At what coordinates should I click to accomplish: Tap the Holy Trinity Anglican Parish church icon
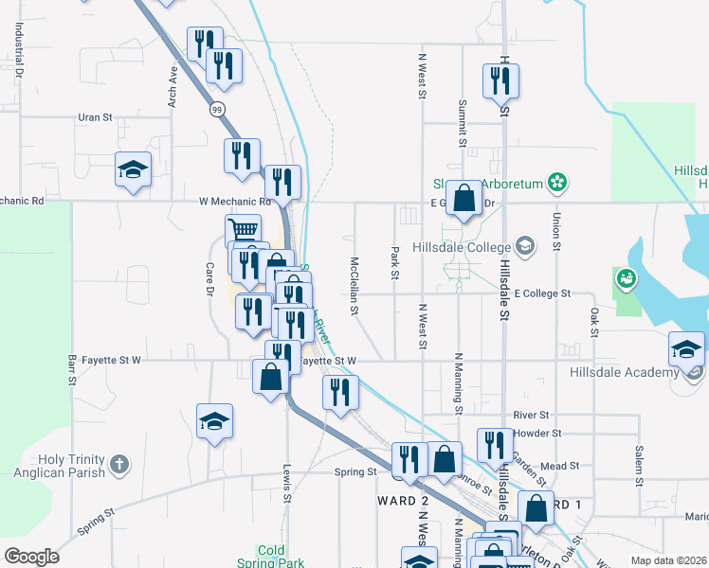coord(118,464)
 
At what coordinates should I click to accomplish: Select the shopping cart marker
coord(244,229)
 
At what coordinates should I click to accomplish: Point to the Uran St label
coord(95,117)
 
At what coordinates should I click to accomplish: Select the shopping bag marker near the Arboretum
coord(464,199)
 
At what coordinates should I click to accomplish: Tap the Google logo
coord(31,556)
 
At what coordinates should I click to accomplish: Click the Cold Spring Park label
coord(270,557)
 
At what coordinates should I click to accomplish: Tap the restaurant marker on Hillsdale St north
coord(499,81)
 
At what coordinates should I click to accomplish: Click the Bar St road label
coord(71,370)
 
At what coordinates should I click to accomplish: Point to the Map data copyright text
coord(668,560)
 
